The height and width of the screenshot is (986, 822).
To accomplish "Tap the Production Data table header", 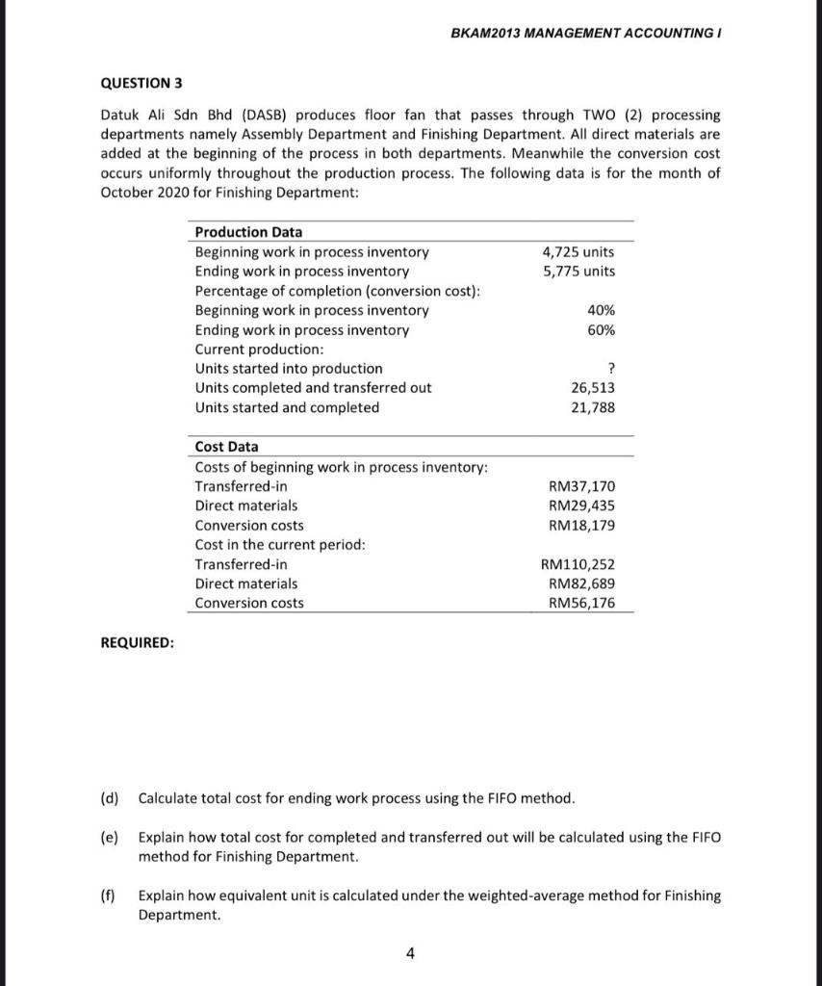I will (x=248, y=232).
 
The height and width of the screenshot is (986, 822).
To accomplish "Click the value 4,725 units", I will (x=578, y=252).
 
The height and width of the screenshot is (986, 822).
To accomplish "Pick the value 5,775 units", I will (x=578, y=272).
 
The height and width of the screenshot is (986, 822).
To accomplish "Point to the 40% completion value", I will (x=601, y=310).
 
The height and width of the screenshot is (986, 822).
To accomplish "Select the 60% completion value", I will (x=601, y=330).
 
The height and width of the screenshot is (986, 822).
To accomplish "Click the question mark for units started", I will (x=611, y=369).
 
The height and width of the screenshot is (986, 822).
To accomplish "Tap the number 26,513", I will (x=593, y=388).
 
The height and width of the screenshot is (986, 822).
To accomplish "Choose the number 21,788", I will (x=593, y=407).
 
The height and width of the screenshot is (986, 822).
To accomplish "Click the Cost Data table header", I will (x=226, y=447).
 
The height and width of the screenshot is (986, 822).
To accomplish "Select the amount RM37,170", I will (x=581, y=486).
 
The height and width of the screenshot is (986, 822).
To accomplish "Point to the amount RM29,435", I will (x=581, y=506).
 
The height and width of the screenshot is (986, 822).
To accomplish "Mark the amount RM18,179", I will (x=581, y=526).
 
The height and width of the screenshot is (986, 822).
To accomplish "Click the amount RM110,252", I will (x=578, y=564).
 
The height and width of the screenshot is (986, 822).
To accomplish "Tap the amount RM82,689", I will (x=581, y=584).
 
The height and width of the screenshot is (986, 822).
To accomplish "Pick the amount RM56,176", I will (x=581, y=603).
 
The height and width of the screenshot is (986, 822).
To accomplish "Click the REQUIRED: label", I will (x=138, y=643).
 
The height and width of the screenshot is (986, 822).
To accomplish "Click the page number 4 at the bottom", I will (x=411, y=954).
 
